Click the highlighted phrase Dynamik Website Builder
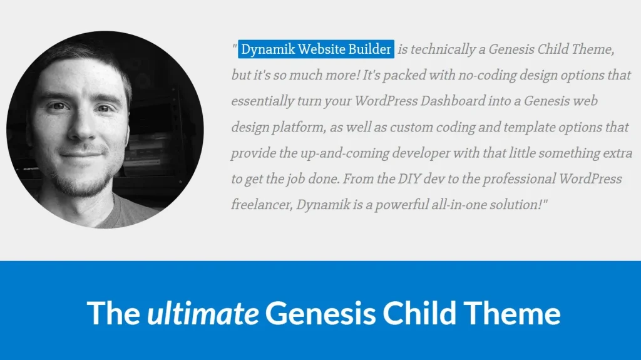(316, 49)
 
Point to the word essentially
(262, 101)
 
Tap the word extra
(618, 153)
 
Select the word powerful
(411, 205)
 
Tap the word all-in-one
(469, 205)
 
